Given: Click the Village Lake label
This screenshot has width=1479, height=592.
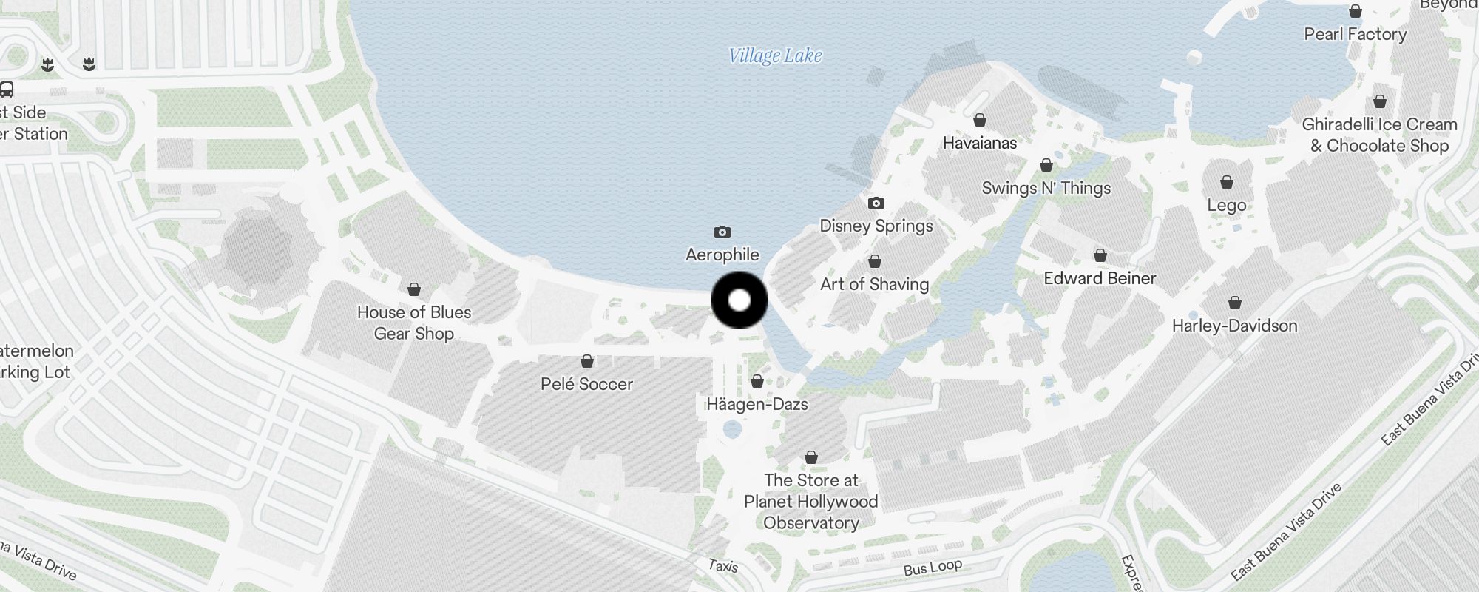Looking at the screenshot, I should [x=775, y=56].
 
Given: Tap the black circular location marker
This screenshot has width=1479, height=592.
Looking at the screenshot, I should [x=739, y=300].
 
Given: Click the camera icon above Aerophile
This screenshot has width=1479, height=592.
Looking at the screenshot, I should [x=722, y=232].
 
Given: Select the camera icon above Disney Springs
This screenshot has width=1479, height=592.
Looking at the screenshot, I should [x=876, y=203].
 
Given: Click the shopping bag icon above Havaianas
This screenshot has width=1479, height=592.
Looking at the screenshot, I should [x=980, y=120].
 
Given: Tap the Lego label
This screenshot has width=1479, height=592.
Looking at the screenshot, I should [x=1227, y=206].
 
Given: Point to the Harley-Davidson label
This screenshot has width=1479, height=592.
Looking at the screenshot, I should [x=1234, y=326].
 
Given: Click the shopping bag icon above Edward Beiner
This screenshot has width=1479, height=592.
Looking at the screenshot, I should [x=1100, y=255].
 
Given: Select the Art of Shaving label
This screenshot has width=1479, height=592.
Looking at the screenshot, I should [x=874, y=284].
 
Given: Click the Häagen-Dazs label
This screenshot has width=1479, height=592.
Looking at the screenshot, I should [x=757, y=404].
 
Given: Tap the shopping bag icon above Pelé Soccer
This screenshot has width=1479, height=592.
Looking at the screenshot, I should [x=587, y=361].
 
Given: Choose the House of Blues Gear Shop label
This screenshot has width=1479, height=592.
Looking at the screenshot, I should [x=414, y=323].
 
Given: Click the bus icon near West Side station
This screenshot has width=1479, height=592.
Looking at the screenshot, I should [x=7, y=90].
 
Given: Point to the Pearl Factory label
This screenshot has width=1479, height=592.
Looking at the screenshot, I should [x=1356, y=34].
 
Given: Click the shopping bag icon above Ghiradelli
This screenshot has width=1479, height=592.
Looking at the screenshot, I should [x=1380, y=101].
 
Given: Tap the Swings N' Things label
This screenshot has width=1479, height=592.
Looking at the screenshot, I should [x=1046, y=188].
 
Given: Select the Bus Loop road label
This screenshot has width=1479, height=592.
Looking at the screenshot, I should [x=933, y=568].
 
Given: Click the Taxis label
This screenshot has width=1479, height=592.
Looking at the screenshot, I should [x=722, y=566].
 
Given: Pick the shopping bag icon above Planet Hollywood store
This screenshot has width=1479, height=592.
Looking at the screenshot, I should [x=811, y=457].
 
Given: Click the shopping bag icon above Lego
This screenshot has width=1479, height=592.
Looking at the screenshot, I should [x=1227, y=182].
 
